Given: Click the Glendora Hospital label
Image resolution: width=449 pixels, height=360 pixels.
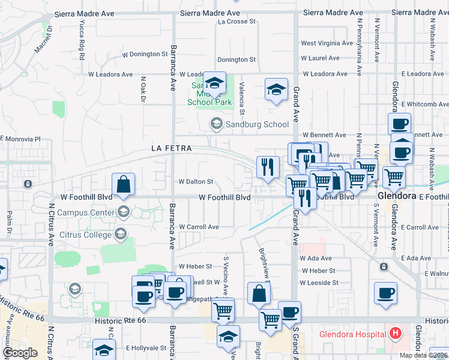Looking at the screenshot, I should pyautogui.click(x=352, y=334).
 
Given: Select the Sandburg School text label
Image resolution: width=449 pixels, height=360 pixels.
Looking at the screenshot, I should pyautogui.click(x=257, y=124).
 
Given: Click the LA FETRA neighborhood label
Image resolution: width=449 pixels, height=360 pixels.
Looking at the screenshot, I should pyautogui.click(x=171, y=148).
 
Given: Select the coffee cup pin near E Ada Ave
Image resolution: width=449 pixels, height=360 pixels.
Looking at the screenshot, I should pyautogui.click(x=385, y=293).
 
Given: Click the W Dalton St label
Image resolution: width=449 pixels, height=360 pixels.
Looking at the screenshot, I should pyautogui.click(x=196, y=181).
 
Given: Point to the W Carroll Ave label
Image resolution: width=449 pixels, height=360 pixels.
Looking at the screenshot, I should pyautogui.click(x=199, y=227).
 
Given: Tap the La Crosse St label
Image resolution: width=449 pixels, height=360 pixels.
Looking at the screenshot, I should pyautogui.click(x=237, y=22).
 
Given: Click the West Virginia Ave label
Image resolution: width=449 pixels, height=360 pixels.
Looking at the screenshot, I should pyautogui.click(x=327, y=43).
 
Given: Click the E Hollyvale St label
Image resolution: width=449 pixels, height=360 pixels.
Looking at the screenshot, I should pyautogui.click(x=145, y=347).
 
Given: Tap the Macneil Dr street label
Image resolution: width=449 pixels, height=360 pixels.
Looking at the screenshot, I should pyautogui.click(x=43, y=39).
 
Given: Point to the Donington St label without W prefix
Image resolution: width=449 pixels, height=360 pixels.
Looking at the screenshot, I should pyautogui.click(x=237, y=59).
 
